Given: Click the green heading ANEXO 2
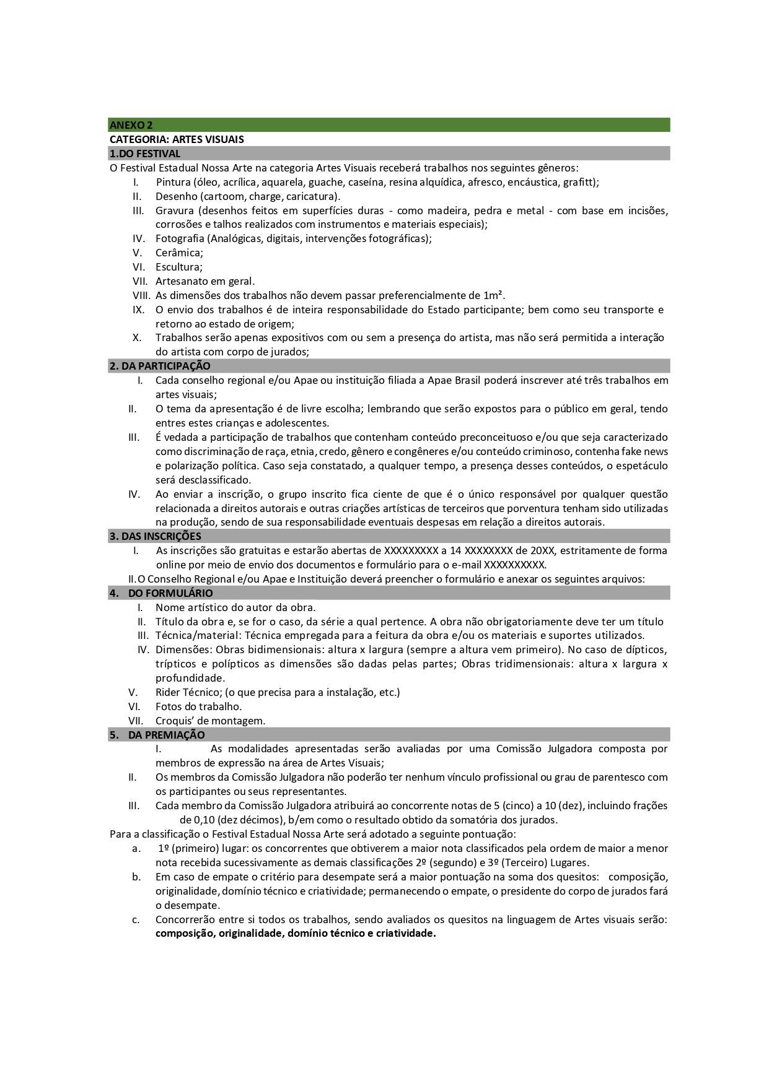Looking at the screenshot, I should pyautogui.click(x=131, y=125).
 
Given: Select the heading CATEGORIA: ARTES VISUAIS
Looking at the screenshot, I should pyautogui.click(x=177, y=139).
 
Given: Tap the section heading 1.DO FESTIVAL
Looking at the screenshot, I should pyautogui.click(x=145, y=154).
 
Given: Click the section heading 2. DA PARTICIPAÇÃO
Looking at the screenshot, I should pyautogui.click(x=160, y=366).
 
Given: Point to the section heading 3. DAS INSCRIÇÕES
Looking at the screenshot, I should pyautogui.click(x=155, y=536).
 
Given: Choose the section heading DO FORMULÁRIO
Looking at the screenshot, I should pyautogui.click(x=170, y=593).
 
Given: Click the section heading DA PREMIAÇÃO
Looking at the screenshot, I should pyautogui.click(x=166, y=735).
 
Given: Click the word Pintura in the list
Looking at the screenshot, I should pyautogui.click(x=173, y=182).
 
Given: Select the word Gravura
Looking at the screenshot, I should pyautogui.click(x=174, y=211).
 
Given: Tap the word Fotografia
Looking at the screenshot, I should pyautogui.click(x=180, y=238).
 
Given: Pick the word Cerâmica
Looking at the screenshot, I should pyautogui.click(x=178, y=253).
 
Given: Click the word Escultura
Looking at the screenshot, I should pyautogui.click(x=178, y=267).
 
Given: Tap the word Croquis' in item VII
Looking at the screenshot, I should pyautogui.click(x=176, y=721).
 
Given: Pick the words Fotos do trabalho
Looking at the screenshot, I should pyautogui.click(x=198, y=706).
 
